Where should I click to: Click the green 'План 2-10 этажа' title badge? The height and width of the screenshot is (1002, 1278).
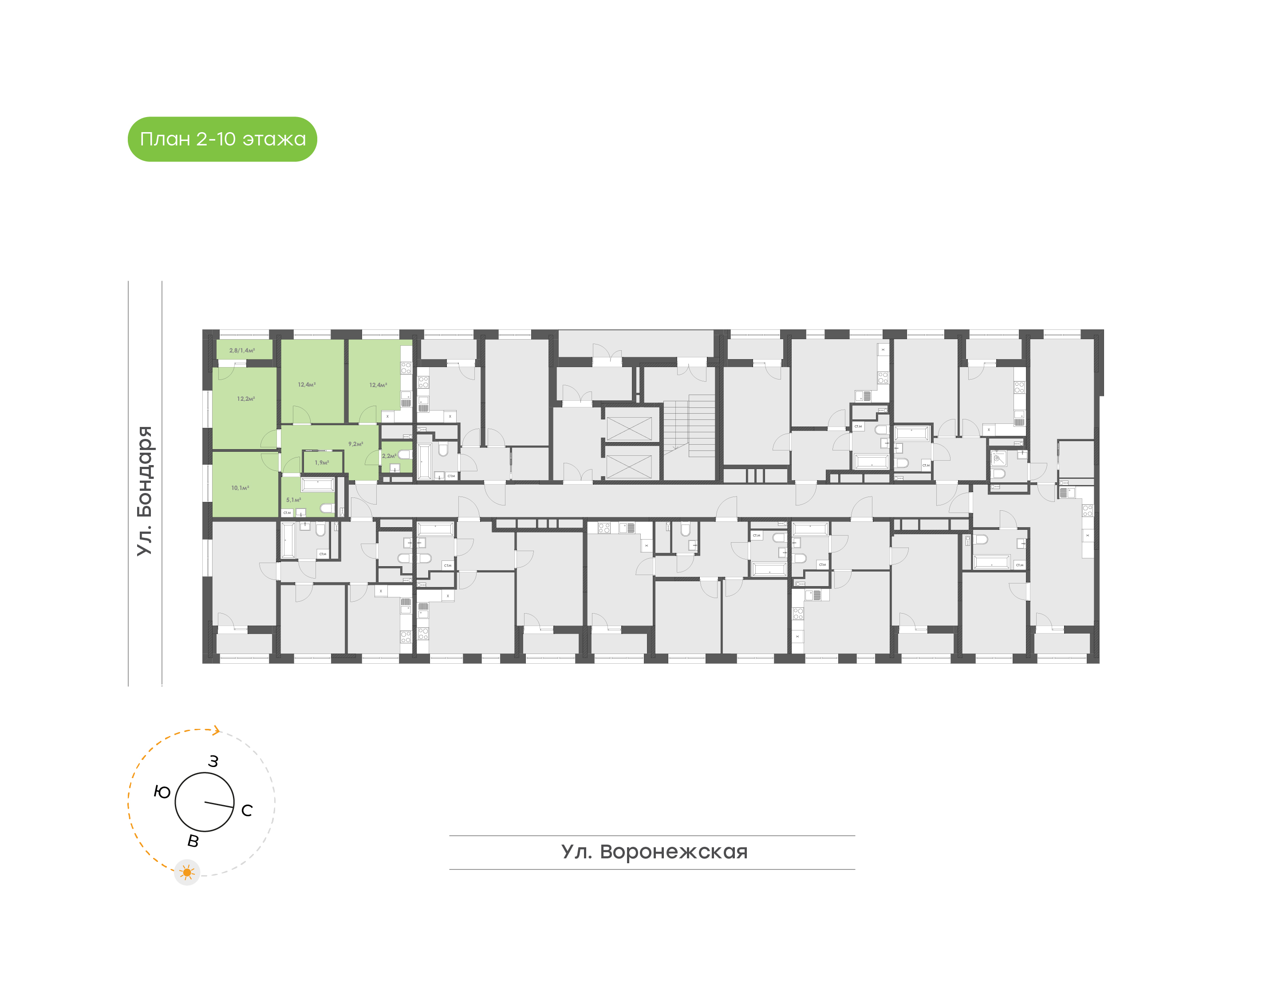[222, 139]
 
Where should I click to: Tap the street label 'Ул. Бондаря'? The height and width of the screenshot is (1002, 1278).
[144, 490]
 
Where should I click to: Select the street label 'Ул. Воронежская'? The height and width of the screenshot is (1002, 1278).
[654, 852]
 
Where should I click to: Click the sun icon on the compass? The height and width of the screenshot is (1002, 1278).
[187, 873]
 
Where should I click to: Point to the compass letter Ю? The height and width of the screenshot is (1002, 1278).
[162, 792]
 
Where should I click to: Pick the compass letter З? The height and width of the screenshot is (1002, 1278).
[213, 761]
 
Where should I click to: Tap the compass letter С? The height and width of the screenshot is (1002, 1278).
[247, 810]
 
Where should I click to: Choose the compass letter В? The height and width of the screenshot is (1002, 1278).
[193, 841]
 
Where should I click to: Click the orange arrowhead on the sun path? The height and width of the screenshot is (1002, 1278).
[217, 730]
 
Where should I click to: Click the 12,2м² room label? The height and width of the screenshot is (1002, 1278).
[245, 399]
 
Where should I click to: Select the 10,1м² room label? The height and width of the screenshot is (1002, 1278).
[240, 488]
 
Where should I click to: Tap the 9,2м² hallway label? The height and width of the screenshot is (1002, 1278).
[355, 444]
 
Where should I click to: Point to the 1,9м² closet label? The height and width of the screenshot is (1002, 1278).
[322, 463]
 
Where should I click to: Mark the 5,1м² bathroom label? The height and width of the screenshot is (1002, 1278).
[293, 500]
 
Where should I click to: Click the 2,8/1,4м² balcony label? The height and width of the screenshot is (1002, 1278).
[242, 350]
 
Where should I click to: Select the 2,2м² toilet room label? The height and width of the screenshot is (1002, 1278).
[389, 456]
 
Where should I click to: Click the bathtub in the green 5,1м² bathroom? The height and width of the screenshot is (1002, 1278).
[318, 485]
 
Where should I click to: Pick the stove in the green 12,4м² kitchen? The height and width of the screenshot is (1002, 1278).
[406, 368]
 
